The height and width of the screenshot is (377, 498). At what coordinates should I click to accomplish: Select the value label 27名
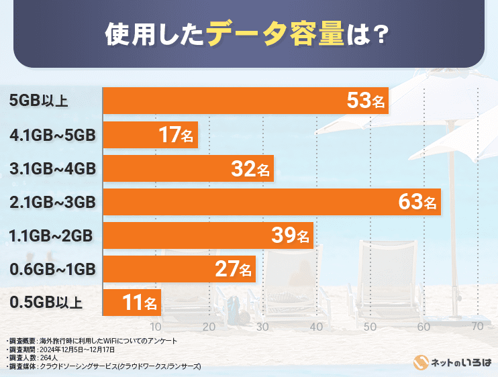point(233,269)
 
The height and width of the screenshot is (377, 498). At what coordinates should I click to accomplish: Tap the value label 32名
point(252,168)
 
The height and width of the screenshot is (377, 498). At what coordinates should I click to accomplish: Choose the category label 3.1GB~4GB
point(53,168)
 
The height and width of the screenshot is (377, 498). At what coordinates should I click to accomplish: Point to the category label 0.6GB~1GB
point(53,269)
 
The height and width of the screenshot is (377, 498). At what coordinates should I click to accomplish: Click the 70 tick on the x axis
point(477,327)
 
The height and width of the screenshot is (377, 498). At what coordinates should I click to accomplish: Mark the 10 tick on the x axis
point(156,327)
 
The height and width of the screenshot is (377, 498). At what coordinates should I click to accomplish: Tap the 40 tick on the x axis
point(316,327)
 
